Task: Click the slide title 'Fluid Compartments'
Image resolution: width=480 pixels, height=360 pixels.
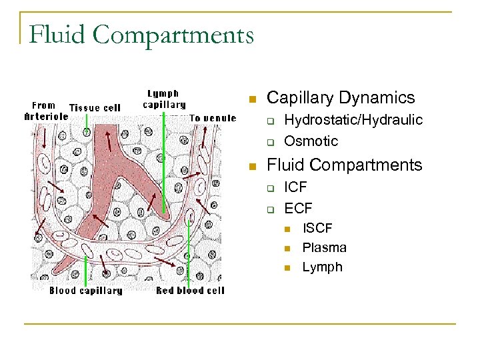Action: [x=141, y=34]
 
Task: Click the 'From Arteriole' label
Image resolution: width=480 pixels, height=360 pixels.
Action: [x=45, y=110]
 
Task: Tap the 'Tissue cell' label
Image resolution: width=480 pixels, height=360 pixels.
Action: [x=95, y=107]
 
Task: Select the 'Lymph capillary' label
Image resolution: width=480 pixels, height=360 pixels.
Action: [x=164, y=99]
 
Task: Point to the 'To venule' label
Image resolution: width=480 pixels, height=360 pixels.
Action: [x=213, y=118]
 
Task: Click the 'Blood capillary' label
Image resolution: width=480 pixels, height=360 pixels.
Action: [x=85, y=291]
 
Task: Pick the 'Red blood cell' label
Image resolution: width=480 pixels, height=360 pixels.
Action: [x=190, y=291]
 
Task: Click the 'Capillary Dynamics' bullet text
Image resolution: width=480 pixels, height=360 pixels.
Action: [x=340, y=98]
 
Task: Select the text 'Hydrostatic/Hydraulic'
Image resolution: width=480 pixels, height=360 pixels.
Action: [x=353, y=120]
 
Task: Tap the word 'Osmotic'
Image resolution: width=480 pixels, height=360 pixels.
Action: [x=311, y=141]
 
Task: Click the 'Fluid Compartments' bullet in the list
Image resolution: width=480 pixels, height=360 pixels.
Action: [x=344, y=165]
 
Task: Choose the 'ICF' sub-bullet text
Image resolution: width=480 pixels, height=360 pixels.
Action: [x=296, y=187]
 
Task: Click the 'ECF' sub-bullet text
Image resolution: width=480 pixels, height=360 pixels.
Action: [x=298, y=209]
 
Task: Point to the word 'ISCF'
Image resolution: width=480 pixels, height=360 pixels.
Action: [x=317, y=228]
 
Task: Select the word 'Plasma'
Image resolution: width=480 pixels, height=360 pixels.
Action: [x=324, y=247]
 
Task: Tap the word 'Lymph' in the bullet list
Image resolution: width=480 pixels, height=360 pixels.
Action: [x=322, y=267]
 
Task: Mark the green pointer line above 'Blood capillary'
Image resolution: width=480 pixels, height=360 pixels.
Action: [x=86, y=270]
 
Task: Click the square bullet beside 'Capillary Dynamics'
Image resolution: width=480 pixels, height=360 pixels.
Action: [x=251, y=99]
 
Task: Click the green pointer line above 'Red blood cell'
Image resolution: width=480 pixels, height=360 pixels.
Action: [x=189, y=253]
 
